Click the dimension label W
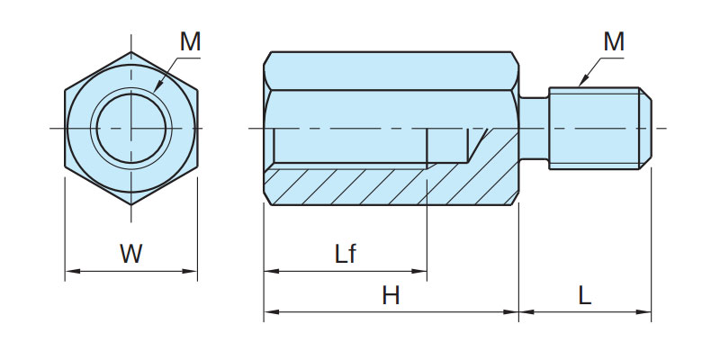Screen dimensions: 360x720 [x=131, y=254]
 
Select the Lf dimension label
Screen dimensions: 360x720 [x=346, y=254]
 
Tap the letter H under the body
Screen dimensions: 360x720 [x=391, y=295]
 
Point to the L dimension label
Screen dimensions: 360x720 [x=585, y=295]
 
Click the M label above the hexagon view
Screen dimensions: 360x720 [x=190, y=41]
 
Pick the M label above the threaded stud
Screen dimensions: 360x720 [x=614, y=41]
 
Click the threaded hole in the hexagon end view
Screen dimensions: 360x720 [x=131, y=129]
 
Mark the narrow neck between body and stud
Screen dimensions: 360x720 [x=535, y=129]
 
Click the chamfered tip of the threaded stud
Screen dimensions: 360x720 [x=646, y=128]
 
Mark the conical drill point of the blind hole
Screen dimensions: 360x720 [x=478, y=144]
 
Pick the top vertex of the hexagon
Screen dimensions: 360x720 [x=131, y=50]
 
